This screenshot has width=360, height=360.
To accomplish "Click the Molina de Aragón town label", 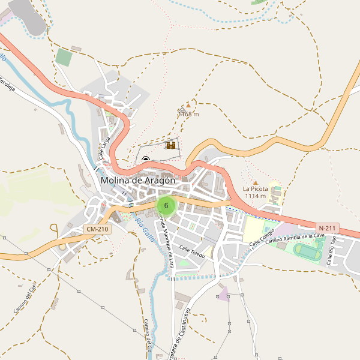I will (x=138, y=180).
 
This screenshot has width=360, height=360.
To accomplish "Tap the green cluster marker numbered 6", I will (x=166, y=206).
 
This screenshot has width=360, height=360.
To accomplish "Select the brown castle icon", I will (x=171, y=145).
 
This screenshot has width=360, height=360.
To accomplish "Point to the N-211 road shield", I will (x=328, y=228).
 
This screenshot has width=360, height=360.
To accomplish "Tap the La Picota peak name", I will (x=255, y=188).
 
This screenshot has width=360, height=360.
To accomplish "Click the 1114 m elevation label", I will (x=255, y=196).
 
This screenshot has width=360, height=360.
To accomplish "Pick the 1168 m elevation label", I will (x=188, y=114).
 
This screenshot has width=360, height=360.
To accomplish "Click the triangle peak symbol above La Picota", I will (x=256, y=182).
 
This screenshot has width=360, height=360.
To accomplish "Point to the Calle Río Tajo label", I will (x=333, y=251).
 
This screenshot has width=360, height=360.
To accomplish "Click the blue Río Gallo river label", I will (x=145, y=230).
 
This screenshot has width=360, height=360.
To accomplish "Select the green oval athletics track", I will (x=308, y=252).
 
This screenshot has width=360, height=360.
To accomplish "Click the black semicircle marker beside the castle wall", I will (x=146, y=159).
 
